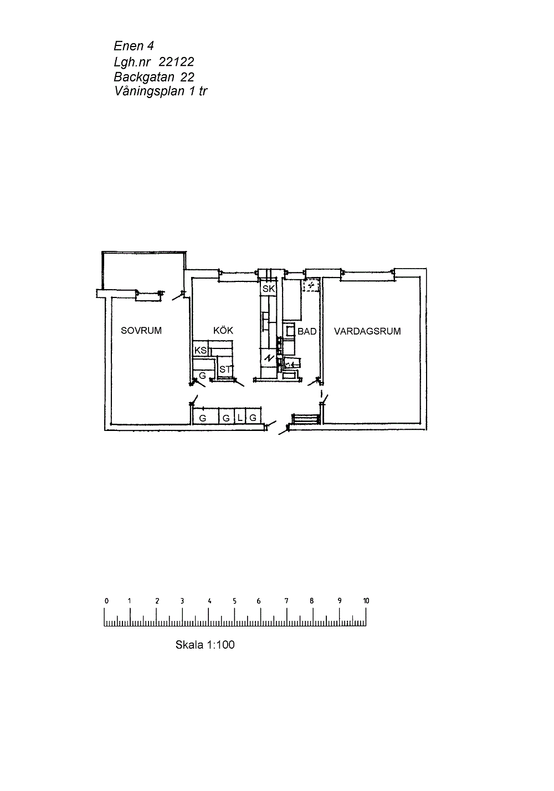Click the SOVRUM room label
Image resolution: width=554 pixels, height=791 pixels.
[x=141, y=331]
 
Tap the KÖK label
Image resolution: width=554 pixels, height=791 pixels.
[x=223, y=330]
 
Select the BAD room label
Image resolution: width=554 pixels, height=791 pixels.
[x=307, y=331]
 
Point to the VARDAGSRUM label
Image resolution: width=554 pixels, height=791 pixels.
[x=367, y=331]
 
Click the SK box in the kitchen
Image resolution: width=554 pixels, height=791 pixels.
[x=268, y=289]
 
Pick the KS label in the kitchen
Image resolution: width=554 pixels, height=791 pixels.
[x=200, y=350]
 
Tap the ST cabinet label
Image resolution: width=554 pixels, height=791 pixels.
[x=225, y=369]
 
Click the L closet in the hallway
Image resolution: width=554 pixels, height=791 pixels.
[x=240, y=418]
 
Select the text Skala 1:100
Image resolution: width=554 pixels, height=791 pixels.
[x=205, y=644]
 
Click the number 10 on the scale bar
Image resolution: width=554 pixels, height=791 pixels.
[x=366, y=600]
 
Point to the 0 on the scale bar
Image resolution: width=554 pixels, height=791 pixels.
[x=106, y=600]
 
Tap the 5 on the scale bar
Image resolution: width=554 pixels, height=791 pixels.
[x=234, y=600]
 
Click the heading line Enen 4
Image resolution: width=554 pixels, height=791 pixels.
[x=134, y=46]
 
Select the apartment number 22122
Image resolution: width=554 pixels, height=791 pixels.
[x=176, y=62]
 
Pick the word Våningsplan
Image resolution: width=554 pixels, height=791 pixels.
[x=150, y=91]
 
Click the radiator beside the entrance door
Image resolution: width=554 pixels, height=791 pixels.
[x=306, y=419]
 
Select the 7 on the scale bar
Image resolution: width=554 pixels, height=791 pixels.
[x=286, y=600]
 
